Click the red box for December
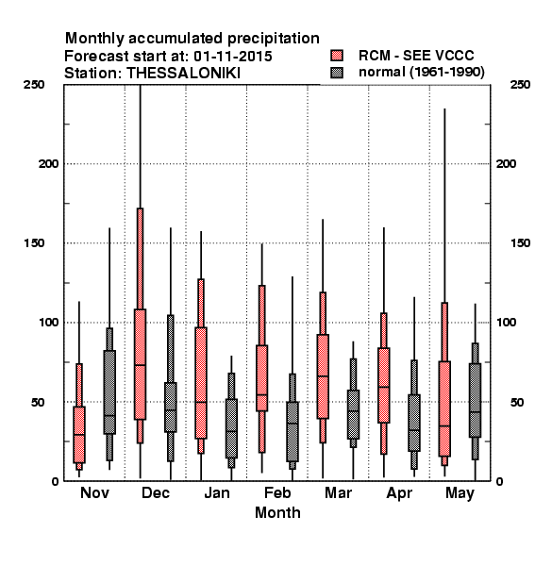[x=140, y=364]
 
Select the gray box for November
[x=109, y=392]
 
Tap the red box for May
[x=444, y=408]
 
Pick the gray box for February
[x=293, y=431]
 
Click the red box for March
[x=323, y=376]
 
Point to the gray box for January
[x=231, y=428]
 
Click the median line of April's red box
[x=384, y=387]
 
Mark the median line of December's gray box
[x=171, y=410]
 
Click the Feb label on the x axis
[x=277, y=492]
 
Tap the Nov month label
[x=94, y=492]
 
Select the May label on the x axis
[x=460, y=493]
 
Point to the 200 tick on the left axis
[x=48, y=163]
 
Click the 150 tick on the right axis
[x=520, y=243]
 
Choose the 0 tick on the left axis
[x=55, y=481]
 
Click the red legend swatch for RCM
[x=337, y=56]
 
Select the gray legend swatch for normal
[x=337, y=73]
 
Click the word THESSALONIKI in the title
[x=183, y=74]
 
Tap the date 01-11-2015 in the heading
[x=233, y=57]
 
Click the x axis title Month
[x=277, y=512]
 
